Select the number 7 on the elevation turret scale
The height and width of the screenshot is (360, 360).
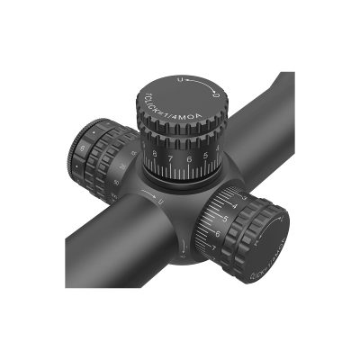[173, 164]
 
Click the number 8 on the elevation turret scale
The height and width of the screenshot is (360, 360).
[157, 160]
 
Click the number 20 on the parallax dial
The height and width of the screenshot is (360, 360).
[120, 169]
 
